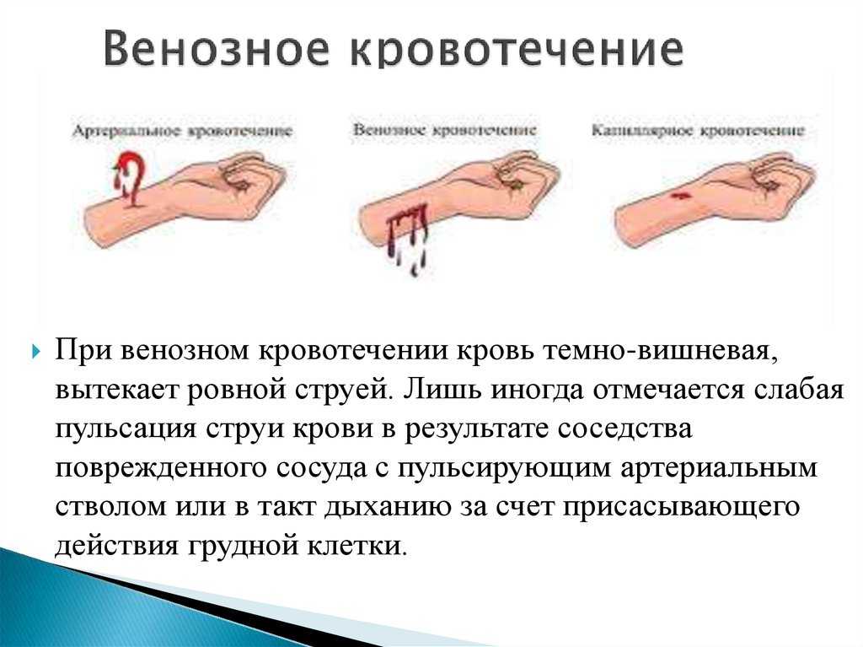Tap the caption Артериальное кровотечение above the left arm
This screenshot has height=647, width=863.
[x=182, y=131]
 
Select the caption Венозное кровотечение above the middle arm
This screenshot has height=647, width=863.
[x=444, y=131]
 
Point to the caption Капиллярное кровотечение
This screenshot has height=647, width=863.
[x=698, y=131]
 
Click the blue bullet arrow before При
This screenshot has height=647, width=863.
[x=36, y=351]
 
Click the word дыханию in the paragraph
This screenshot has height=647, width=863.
[x=389, y=507]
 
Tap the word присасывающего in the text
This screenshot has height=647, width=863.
[x=681, y=507]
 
